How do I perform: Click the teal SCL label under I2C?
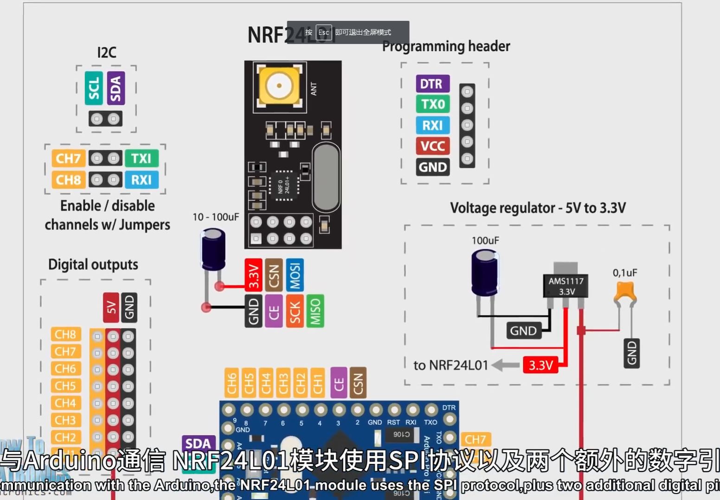94,88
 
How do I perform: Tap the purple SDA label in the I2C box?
116,88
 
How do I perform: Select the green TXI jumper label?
141,158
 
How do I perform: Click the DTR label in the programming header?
432,84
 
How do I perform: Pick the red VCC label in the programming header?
432,146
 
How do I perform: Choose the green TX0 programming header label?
432,104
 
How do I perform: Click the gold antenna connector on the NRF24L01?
279,86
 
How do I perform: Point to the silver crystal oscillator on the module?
326,177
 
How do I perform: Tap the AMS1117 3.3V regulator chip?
566,285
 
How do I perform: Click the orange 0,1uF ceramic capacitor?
625,292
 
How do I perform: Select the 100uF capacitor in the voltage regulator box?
485,272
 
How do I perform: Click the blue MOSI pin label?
295,275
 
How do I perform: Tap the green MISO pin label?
315,311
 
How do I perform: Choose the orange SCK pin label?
295,311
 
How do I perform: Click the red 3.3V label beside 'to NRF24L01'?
540,365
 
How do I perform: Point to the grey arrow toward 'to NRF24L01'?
505,365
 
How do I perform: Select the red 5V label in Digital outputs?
111,307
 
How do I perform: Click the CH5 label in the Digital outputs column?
65,386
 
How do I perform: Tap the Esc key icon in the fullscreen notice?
323,32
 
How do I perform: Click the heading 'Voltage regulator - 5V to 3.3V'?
538,208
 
